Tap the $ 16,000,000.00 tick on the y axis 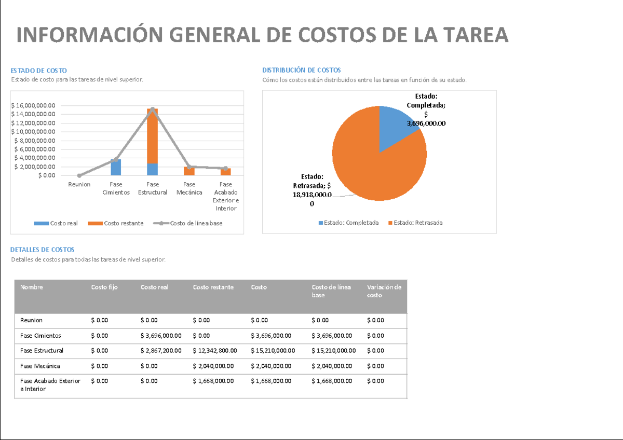tap(33, 105)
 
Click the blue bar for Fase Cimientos tap(116, 168)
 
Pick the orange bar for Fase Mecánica tap(189, 171)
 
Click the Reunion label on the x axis tap(79, 185)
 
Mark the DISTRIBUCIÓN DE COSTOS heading tap(301, 70)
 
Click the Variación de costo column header tap(384, 291)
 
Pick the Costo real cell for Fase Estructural tap(161, 351)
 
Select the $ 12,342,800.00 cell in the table tap(214, 351)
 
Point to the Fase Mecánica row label tap(40, 366)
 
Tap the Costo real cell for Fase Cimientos tap(161, 336)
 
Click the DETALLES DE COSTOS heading tap(43, 250)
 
